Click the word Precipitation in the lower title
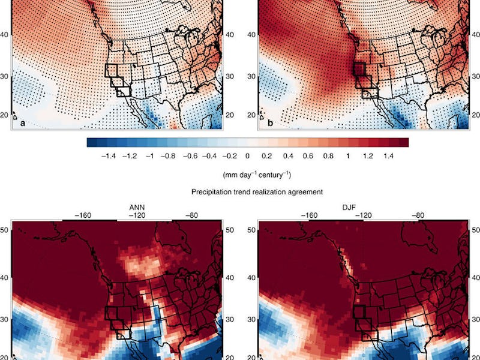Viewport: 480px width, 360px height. (212, 192)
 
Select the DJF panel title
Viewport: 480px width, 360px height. (362, 208)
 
